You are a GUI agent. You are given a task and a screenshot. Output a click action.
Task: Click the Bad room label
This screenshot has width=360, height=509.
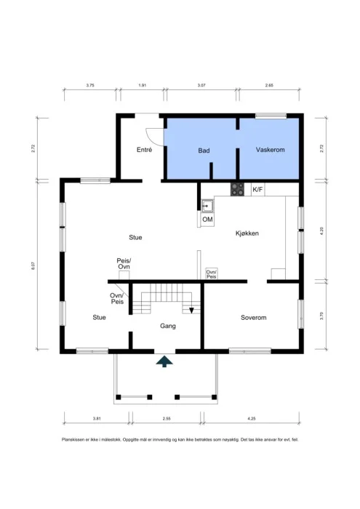pyautogui.click(x=204, y=151)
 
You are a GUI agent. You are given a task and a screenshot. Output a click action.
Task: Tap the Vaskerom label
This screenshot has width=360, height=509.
pyautogui.click(x=270, y=150)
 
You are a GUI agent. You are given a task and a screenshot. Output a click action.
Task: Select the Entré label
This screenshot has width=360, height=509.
pyautogui.click(x=145, y=150)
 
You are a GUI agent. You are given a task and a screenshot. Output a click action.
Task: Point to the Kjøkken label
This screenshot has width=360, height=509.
pyautogui.click(x=247, y=233)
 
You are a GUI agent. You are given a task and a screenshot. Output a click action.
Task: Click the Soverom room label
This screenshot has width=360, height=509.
pyautogui.click(x=254, y=318)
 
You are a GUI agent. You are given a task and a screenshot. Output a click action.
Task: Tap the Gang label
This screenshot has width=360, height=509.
pyautogui.click(x=168, y=326)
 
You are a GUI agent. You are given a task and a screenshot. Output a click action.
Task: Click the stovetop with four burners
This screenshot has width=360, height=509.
pyautogui.click(x=237, y=189)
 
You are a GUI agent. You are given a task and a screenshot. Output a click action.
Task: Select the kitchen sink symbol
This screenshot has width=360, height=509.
pyautogui.click(x=207, y=206)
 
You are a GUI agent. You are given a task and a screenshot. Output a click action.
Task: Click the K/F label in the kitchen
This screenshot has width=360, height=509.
pyautogui.click(x=257, y=190)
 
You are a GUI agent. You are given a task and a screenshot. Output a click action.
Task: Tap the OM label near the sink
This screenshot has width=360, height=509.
pyautogui.click(x=207, y=220)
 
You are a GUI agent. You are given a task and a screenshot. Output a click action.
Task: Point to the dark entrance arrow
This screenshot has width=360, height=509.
pyautogui.click(x=164, y=361)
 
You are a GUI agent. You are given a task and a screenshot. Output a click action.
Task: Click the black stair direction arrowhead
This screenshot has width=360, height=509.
pyautogui.click(x=191, y=310)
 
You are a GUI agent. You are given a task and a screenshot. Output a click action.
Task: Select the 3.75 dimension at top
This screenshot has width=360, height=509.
pyautogui.click(x=90, y=85)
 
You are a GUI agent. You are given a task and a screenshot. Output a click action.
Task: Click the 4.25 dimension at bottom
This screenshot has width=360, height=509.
pyautogui.click(x=251, y=418)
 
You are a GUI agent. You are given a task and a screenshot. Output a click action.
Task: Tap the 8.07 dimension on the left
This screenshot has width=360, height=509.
pyautogui.click(x=33, y=266)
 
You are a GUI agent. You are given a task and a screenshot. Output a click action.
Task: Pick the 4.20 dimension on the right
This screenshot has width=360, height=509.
pyautogui.click(x=321, y=231)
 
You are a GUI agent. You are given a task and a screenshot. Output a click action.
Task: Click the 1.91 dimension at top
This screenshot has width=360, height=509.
pyautogui.click(x=143, y=85)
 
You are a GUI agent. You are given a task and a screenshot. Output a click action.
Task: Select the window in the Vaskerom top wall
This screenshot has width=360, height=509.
pyautogui.click(x=271, y=116)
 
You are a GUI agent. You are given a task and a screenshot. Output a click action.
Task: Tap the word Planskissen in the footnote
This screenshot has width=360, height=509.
pyautogui.click(x=73, y=440)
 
